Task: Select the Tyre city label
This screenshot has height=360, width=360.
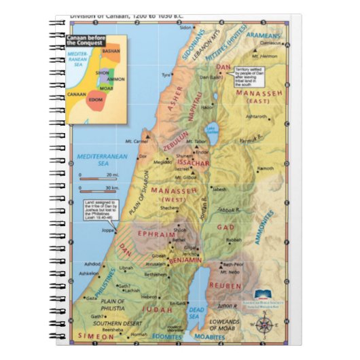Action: [x=165, y=75]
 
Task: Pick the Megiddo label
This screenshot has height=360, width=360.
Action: [x=162, y=162]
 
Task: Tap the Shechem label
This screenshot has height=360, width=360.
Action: [x=169, y=209]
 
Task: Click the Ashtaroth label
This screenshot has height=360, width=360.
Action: [x=256, y=116]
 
